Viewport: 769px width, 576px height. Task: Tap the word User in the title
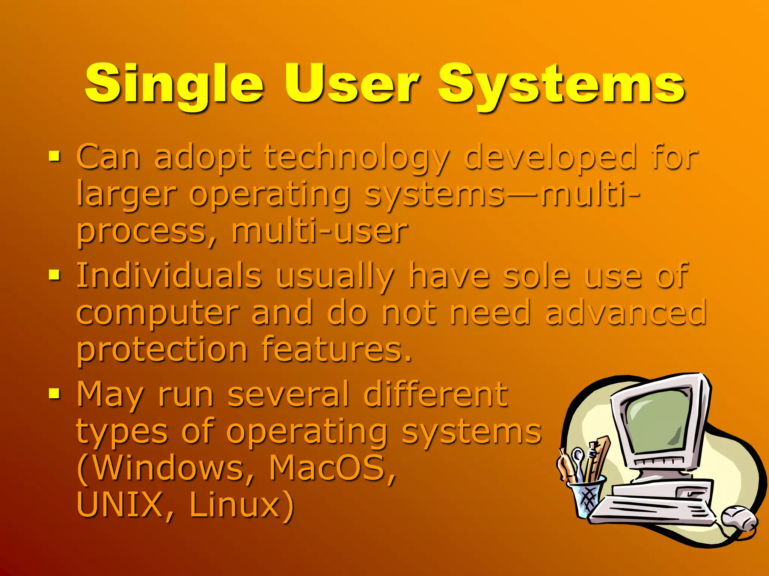(351, 84)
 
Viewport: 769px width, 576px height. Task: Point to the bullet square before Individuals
(54, 275)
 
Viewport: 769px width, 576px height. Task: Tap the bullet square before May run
(54, 393)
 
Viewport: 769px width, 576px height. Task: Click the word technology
(356, 157)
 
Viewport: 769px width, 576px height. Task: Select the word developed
(550, 157)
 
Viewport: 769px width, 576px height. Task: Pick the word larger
(126, 195)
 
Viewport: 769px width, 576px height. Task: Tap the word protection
(162, 349)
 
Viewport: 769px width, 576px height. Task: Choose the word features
(336, 349)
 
